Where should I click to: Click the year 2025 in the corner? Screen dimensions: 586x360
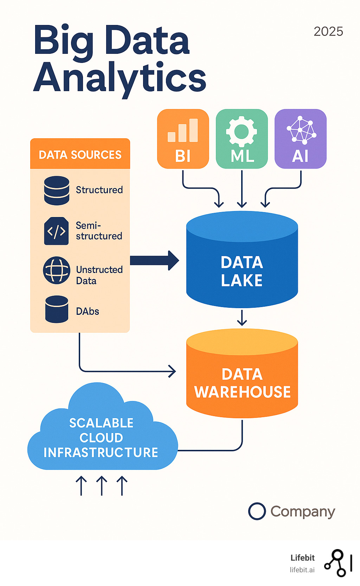pyautogui.click(x=328, y=31)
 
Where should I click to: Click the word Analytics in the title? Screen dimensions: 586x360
pyautogui.click(x=120, y=78)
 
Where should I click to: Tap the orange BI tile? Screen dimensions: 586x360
pyautogui.click(x=183, y=139)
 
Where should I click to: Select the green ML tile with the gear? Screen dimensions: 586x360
pyautogui.click(x=242, y=139)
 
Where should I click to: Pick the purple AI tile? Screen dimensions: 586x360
pyautogui.click(x=300, y=139)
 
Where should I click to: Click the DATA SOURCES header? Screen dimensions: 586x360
pyautogui.click(x=80, y=154)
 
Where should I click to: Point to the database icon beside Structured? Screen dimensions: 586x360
pyautogui.click(x=57, y=190)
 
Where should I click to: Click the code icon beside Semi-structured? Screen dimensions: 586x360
pyautogui.click(x=56, y=231)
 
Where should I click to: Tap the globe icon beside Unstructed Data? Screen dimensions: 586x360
pyautogui.click(x=56, y=270)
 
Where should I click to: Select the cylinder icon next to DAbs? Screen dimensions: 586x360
pyautogui.click(x=57, y=309)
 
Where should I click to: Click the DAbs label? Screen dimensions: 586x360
pyautogui.click(x=88, y=311)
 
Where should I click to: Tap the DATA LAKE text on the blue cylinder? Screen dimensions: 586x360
pyautogui.click(x=242, y=271)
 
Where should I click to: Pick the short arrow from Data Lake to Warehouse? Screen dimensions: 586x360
pyautogui.click(x=242, y=318)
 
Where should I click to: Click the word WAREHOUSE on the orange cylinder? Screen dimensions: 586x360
pyautogui.click(x=243, y=392)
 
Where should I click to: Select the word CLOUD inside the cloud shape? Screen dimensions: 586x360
pyautogui.click(x=101, y=438)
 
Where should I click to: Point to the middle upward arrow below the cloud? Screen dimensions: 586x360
pyautogui.click(x=102, y=485)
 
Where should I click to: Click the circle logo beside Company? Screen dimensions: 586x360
pyautogui.click(x=257, y=511)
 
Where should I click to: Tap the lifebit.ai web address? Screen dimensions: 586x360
pyautogui.click(x=302, y=570)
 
